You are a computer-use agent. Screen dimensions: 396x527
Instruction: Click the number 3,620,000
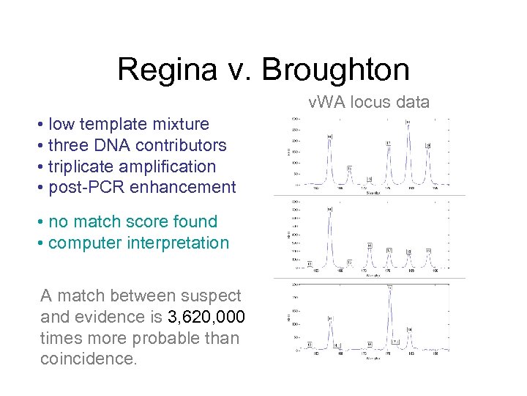(206, 317)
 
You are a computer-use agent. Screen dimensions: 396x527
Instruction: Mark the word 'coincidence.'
(89, 359)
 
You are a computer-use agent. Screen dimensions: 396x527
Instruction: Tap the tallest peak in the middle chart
(330, 212)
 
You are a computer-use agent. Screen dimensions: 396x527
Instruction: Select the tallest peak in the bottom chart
(390, 288)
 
